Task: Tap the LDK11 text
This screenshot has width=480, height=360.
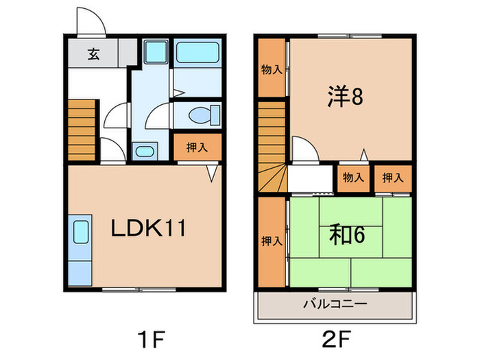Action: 149,228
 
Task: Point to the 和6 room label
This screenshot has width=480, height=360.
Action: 349,235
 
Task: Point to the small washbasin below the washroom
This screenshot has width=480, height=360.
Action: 145,151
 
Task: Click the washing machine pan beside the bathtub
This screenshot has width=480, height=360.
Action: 157,52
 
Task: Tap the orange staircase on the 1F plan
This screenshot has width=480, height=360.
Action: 80,129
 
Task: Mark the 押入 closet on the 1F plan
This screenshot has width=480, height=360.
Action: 197,147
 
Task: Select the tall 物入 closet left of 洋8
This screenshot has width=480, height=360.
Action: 272,69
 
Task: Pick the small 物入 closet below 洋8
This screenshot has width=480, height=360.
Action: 352,178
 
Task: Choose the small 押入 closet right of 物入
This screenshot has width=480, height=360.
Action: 393,178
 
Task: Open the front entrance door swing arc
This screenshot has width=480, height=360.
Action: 91,21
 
